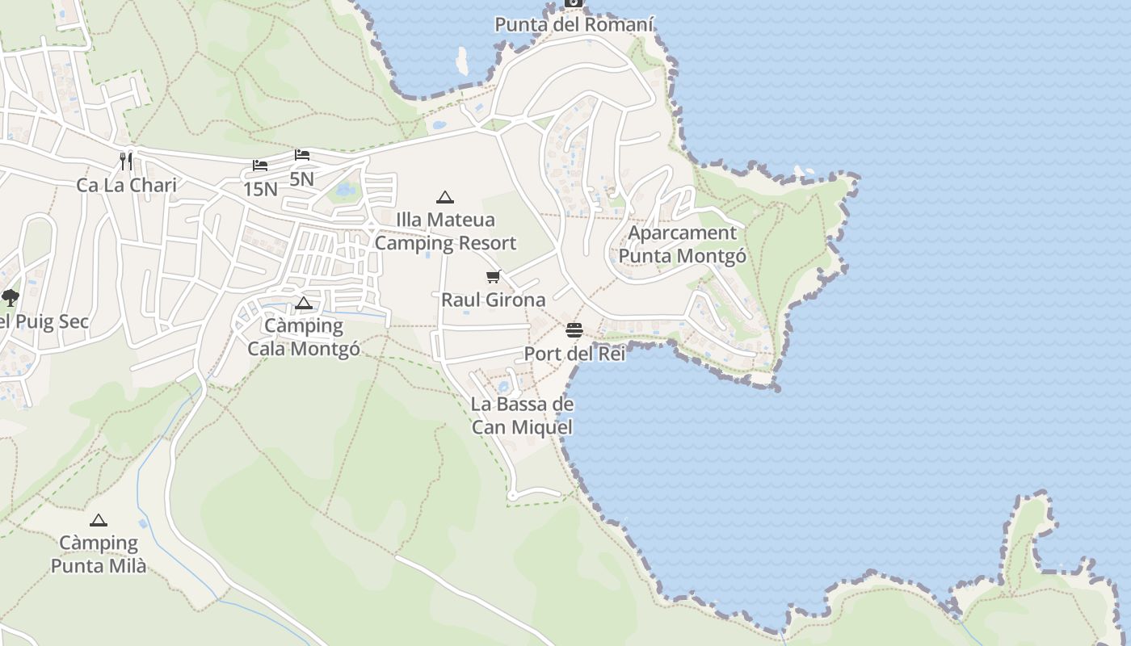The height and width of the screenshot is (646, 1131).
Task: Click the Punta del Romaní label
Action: (x=574, y=24)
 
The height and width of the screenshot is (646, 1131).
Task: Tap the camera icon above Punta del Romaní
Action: (x=574, y=2)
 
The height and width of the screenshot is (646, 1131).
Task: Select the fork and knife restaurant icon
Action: (x=126, y=161)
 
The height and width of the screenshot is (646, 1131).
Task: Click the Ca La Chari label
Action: (x=126, y=185)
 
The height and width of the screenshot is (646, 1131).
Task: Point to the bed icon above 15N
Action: (x=259, y=166)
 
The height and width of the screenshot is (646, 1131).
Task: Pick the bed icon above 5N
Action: (x=302, y=154)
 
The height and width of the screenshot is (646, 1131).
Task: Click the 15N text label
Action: (x=260, y=189)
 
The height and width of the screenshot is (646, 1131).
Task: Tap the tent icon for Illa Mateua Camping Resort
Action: (x=444, y=197)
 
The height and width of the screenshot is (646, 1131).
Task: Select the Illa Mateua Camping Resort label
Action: (x=445, y=231)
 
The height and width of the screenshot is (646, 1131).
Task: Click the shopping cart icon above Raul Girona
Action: (x=494, y=277)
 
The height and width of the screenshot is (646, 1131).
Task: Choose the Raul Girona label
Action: (x=493, y=300)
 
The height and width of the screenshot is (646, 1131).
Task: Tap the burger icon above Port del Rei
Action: (x=574, y=330)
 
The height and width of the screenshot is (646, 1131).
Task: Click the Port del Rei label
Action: (x=574, y=354)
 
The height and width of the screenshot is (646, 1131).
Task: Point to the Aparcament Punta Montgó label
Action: (x=682, y=245)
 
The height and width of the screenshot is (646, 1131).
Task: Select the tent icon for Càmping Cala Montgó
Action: (x=304, y=304)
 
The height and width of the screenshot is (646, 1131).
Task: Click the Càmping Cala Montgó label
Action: (x=304, y=338)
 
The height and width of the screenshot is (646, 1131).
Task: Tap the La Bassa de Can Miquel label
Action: (x=522, y=416)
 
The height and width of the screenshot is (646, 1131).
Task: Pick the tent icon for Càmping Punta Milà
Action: (x=99, y=521)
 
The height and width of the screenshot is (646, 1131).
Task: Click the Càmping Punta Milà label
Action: (x=99, y=554)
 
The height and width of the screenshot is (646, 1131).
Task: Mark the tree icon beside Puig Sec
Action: (x=11, y=298)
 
